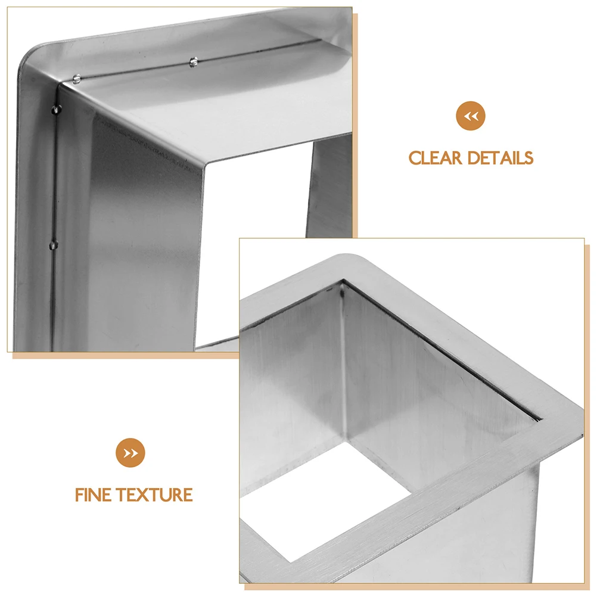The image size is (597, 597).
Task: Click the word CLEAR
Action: click(x=436, y=158)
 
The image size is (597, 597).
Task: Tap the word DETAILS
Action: click(x=500, y=158)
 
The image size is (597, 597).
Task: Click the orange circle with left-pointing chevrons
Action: click(x=471, y=116)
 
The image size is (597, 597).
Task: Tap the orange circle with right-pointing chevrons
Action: click(x=130, y=453)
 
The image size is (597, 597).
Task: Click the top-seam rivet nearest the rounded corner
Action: click(x=77, y=77)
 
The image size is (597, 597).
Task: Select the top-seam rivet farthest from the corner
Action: click(x=193, y=61)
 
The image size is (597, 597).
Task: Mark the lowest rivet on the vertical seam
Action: click(x=54, y=244)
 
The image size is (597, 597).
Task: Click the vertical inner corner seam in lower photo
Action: click(x=344, y=357)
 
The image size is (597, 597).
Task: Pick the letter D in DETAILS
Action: click(x=474, y=158)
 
